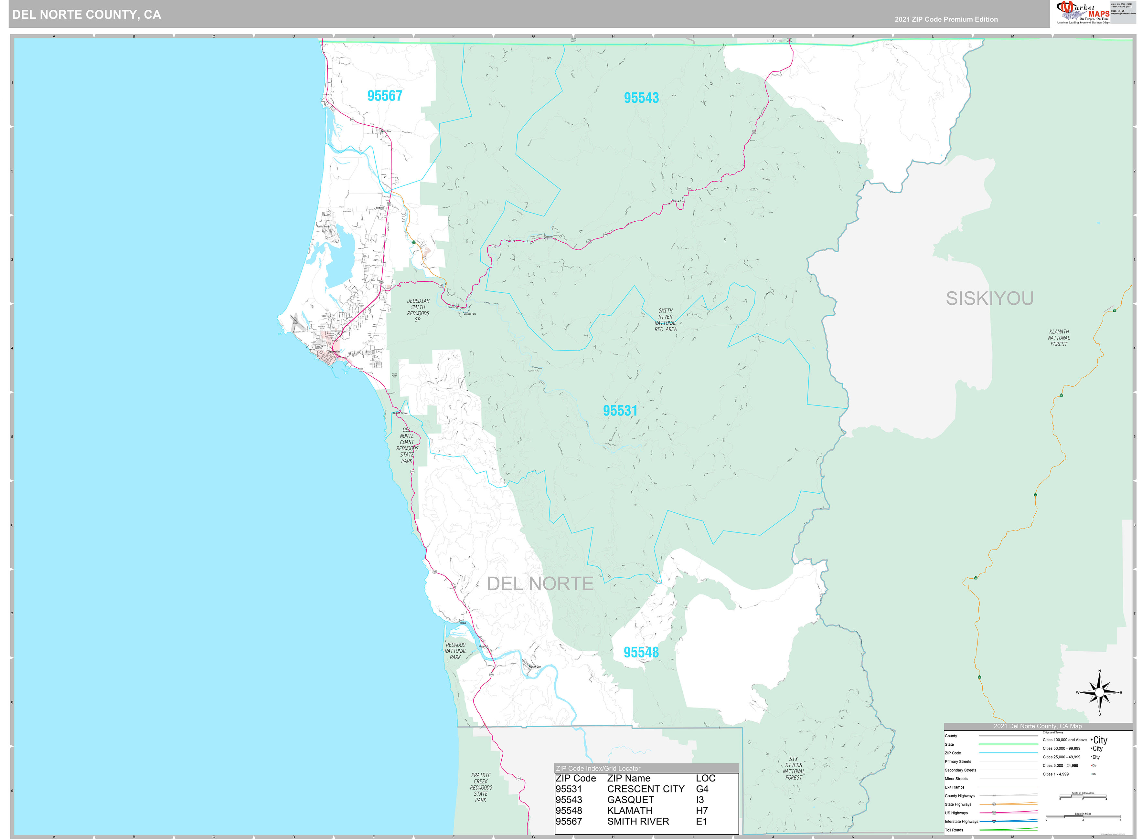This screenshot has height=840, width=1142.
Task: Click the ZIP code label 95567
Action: coord(385,96)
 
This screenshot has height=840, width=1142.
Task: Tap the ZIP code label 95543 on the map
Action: coord(641,98)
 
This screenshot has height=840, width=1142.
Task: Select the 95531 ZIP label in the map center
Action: coord(620,410)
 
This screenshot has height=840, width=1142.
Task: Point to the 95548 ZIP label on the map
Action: coord(641,652)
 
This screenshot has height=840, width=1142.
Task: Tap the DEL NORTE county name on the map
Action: coord(540,584)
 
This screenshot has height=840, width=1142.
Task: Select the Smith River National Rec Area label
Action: coord(665,320)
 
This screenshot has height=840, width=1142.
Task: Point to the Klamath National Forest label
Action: coord(1059,338)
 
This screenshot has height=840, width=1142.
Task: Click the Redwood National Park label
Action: coord(455,651)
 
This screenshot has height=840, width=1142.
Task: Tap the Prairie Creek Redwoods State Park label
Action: coord(481,788)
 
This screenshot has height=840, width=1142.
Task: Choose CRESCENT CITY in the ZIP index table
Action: coord(646,789)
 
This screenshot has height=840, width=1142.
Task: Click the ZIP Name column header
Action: coord(628,778)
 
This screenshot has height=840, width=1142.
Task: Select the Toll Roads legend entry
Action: coord(954,830)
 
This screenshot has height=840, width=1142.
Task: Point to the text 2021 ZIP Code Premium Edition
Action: coord(946,19)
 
